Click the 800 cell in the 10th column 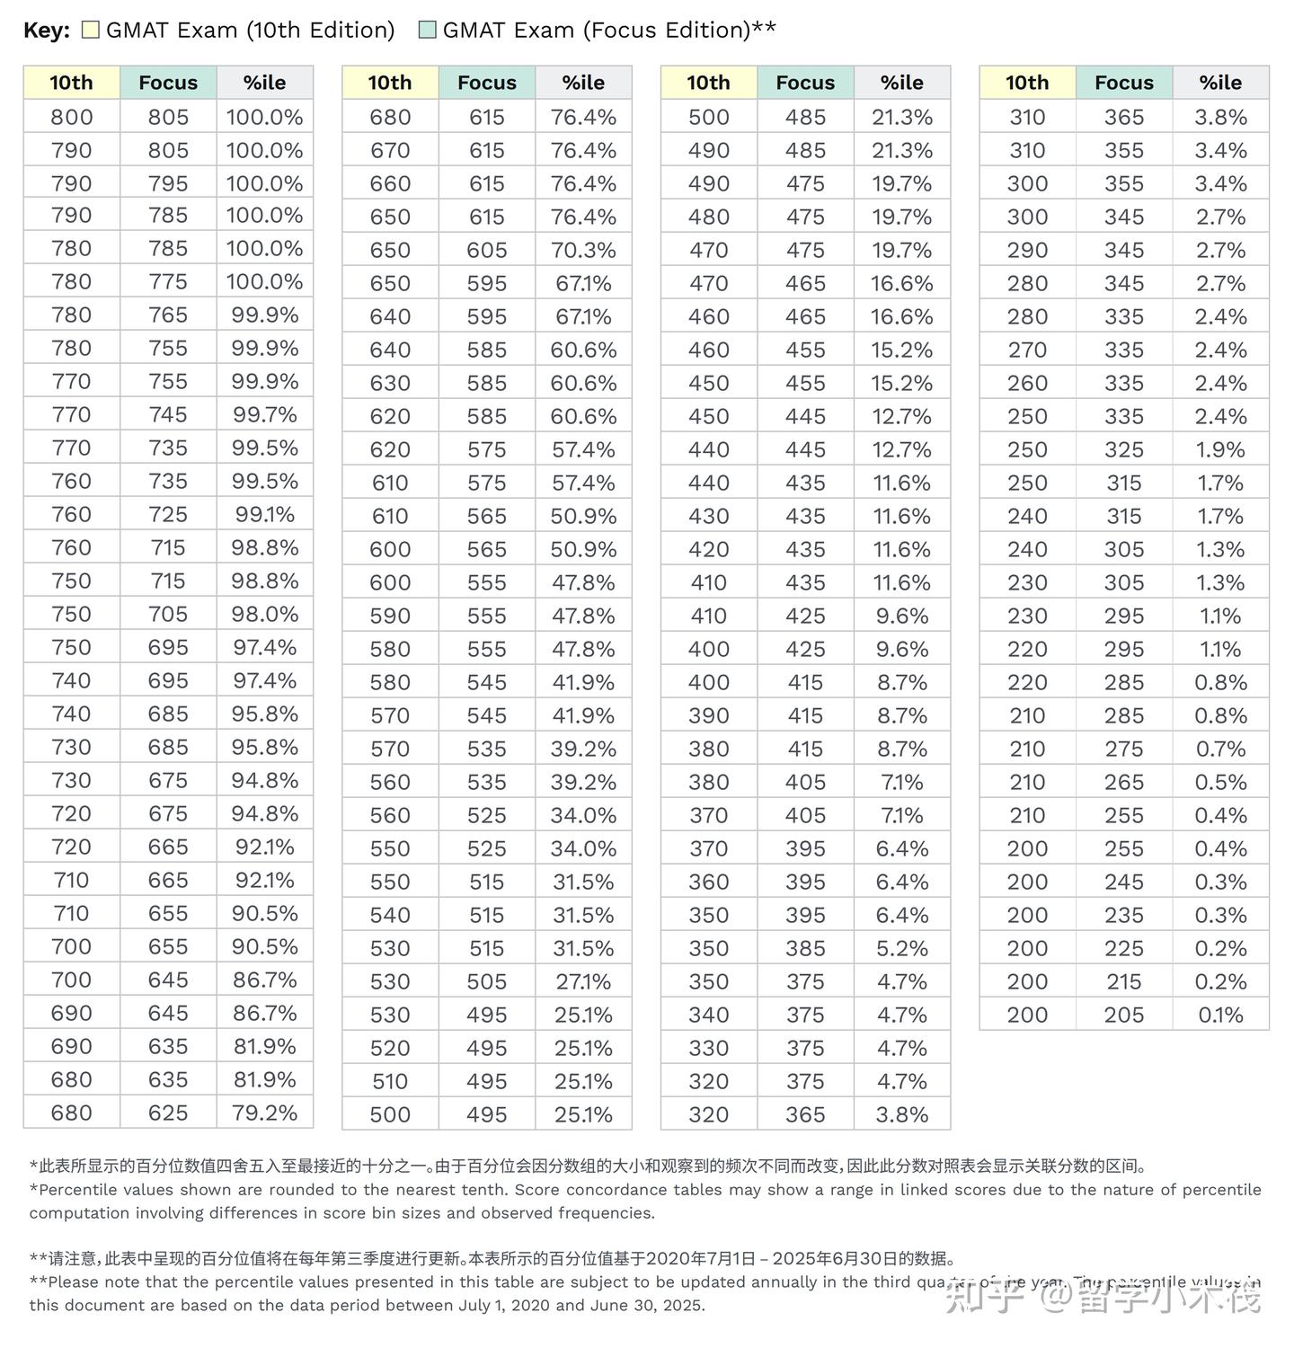[71, 117]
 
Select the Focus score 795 [168, 183]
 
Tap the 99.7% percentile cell [264, 415]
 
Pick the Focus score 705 [168, 615]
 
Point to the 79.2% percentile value [264, 1113]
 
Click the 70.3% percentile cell [583, 250]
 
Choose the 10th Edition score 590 [390, 616]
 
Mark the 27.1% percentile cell [583, 981]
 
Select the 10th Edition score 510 [390, 1081]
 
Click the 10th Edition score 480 [708, 217]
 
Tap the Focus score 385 [805, 948]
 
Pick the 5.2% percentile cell [902, 948]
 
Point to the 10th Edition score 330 [708, 1048]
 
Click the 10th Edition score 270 [1027, 350]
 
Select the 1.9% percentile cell [1220, 449]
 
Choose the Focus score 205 [1124, 1015]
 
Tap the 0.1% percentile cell [1220, 1015]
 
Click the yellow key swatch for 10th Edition [90, 30]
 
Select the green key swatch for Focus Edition [428, 30]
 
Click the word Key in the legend [45, 30]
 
